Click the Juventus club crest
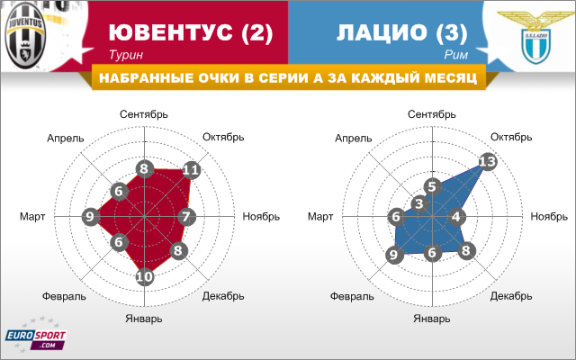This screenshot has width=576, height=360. point(25,36)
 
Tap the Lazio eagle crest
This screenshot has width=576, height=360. point(536,37)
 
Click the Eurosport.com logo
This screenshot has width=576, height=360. point(36,336)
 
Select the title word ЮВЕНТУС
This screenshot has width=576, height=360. point(171,32)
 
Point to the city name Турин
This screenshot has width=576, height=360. point(126,55)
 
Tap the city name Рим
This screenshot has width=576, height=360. point(456,55)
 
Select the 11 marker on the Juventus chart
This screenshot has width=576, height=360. point(191,170)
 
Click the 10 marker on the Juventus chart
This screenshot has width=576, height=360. point(144,276)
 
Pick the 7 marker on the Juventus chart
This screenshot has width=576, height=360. point(186,216)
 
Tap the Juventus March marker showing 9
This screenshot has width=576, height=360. point(90,216)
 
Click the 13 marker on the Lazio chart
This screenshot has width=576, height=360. point(488,161)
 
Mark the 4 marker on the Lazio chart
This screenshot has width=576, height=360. point(456,216)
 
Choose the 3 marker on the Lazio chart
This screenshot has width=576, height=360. point(419,203)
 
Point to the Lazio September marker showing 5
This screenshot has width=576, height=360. point(432,186)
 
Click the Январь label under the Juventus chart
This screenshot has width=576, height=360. point(144,319)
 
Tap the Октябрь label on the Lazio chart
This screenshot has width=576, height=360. point(511,137)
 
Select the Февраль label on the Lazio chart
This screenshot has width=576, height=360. point(352,296)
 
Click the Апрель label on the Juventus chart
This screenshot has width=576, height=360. point(66,139)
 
